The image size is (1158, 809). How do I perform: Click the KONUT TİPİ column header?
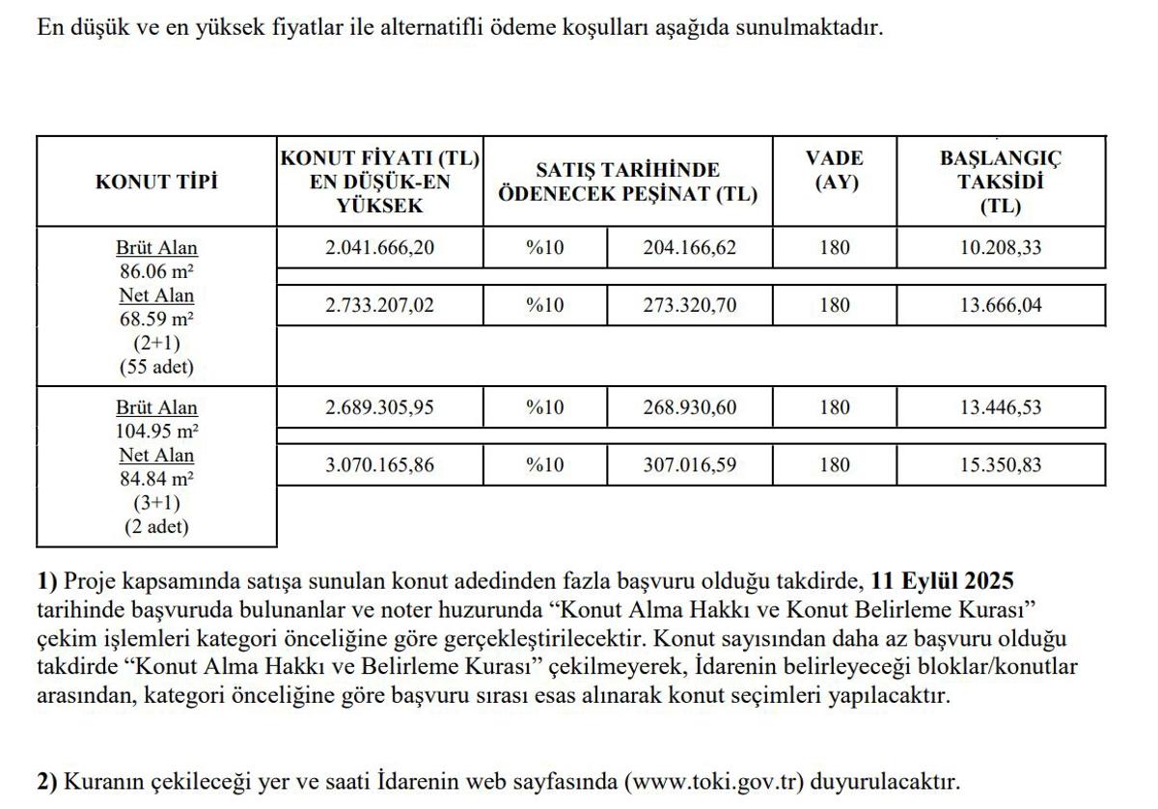tap(156, 182)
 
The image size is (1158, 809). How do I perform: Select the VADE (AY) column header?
tap(834, 170)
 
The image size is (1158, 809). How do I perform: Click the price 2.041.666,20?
tap(379, 248)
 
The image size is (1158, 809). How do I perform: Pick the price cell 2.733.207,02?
tap(379, 306)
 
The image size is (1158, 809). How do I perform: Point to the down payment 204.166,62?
tap(689, 248)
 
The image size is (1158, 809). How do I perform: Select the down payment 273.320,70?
tap(689, 306)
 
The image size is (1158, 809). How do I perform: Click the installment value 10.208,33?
tap(1000, 248)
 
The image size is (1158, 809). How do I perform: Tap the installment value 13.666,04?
tap(1000, 306)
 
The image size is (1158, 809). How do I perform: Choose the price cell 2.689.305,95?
tap(379, 407)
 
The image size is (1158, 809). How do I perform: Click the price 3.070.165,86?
tap(379, 465)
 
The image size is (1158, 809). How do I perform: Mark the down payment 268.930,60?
tap(689, 407)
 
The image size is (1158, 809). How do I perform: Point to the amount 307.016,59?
tap(689, 465)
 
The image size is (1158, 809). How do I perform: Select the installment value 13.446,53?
tap(1000, 407)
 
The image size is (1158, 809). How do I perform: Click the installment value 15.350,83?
tap(1000, 465)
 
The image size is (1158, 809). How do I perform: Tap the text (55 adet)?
tap(156, 367)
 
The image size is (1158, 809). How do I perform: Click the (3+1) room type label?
tap(156, 503)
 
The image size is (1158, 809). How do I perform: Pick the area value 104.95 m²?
tap(156, 431)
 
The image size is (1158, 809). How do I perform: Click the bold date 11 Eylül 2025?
tap(942, 581)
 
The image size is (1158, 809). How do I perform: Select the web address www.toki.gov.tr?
tap(714, 781)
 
